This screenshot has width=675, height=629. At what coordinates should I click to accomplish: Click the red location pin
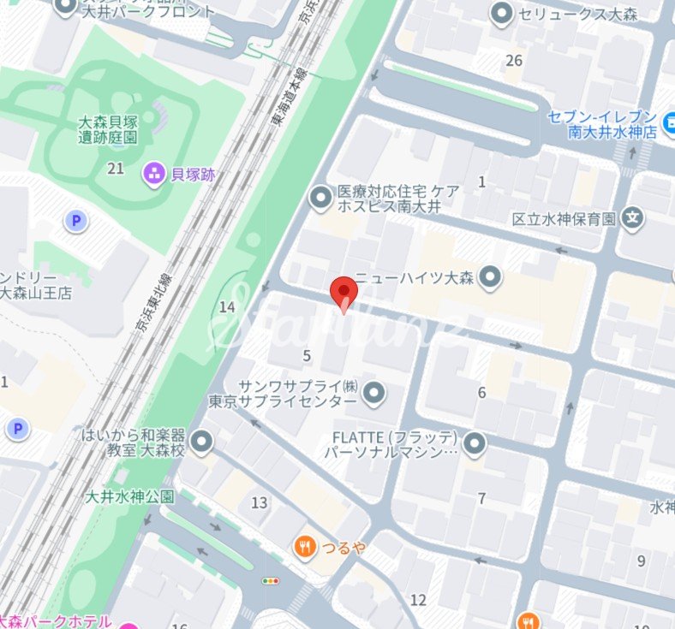(343, 294)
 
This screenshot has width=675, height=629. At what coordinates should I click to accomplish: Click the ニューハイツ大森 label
(415, 277)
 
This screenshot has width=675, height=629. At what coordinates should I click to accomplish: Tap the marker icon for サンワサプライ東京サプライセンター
(373, 394)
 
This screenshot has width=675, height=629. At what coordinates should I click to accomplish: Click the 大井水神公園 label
(130, 496)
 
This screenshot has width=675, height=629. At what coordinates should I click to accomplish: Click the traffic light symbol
(272, 581)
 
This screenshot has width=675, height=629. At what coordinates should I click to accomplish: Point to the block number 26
(514, 60)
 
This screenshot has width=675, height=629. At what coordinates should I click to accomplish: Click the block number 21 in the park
(116, 169)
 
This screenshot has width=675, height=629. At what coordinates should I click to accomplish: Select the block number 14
(227, 306)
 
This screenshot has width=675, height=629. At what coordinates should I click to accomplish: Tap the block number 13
(259, 502)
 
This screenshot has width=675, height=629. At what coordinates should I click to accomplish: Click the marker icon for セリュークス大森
(501, 14)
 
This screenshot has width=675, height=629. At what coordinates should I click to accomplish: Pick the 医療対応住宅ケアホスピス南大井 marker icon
(320, 199)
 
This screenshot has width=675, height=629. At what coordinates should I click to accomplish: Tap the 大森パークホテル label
(55, 621)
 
